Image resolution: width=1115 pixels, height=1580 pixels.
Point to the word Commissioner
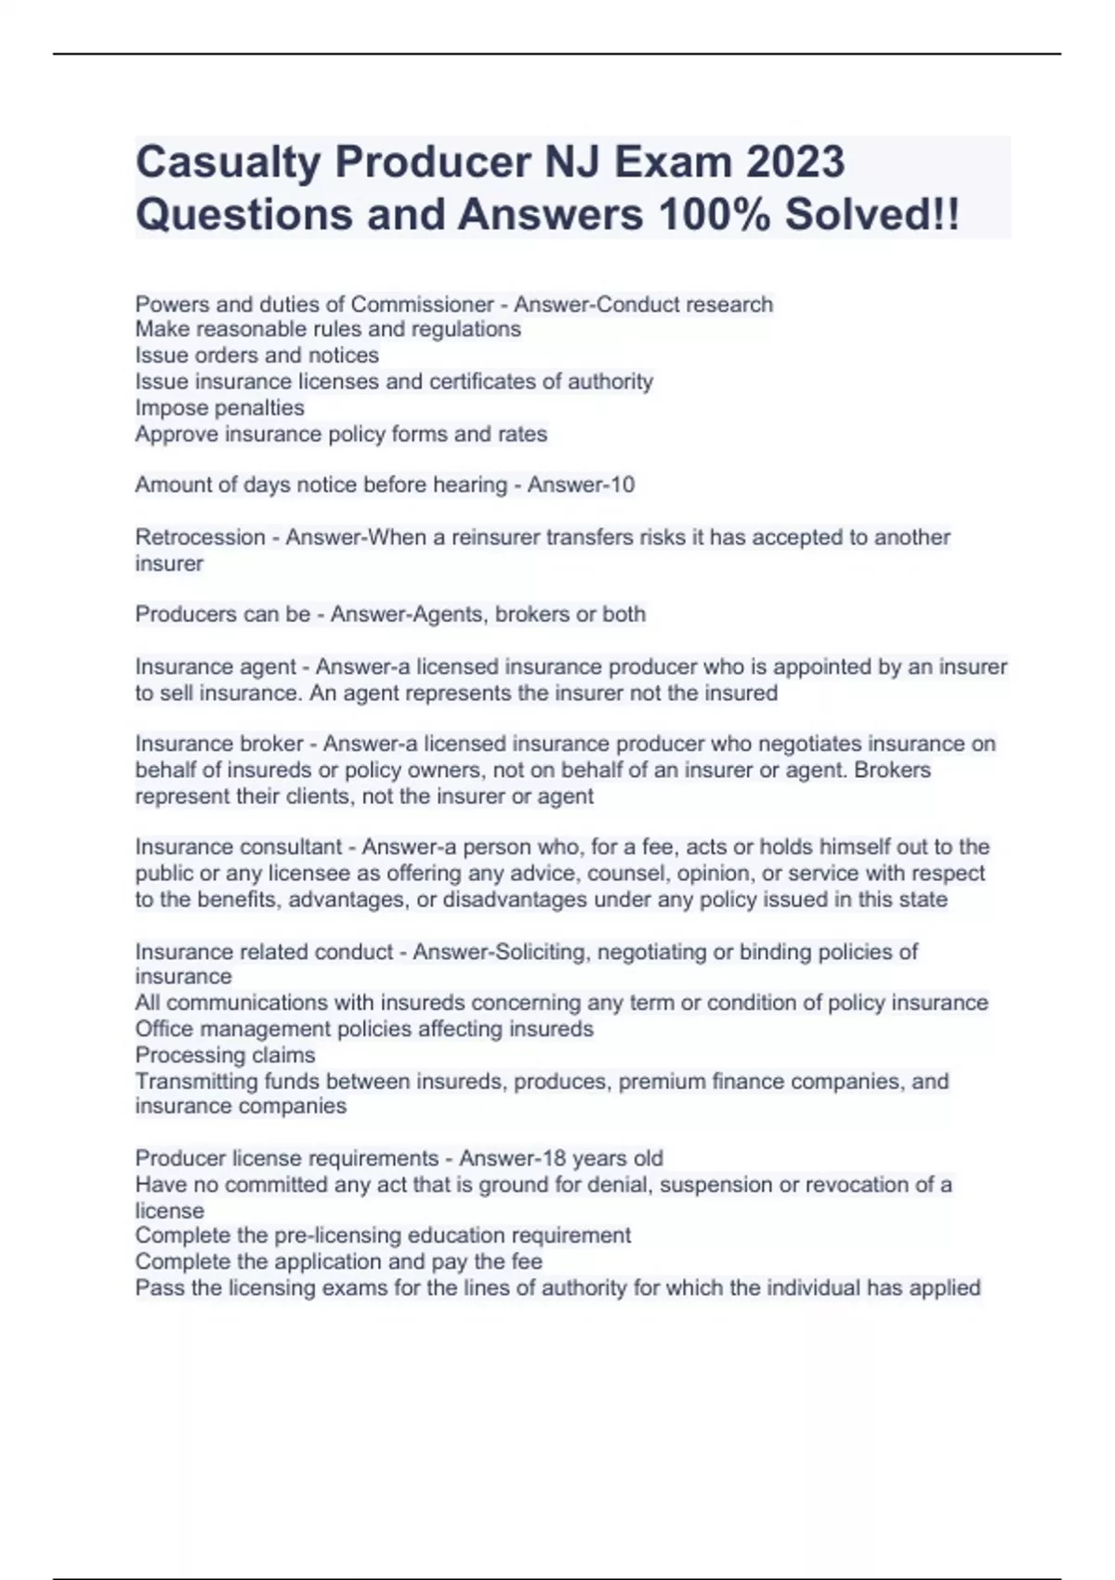pos(422,304)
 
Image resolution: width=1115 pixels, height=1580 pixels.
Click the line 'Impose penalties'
pos(219,408)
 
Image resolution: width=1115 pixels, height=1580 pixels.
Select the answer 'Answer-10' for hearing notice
pos(581,484)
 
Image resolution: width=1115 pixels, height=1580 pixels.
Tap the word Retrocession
pos(200,537)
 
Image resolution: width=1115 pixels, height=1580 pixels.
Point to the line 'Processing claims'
pos(225,1055)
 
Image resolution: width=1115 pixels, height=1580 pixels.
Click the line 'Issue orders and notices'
pos(256,355)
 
